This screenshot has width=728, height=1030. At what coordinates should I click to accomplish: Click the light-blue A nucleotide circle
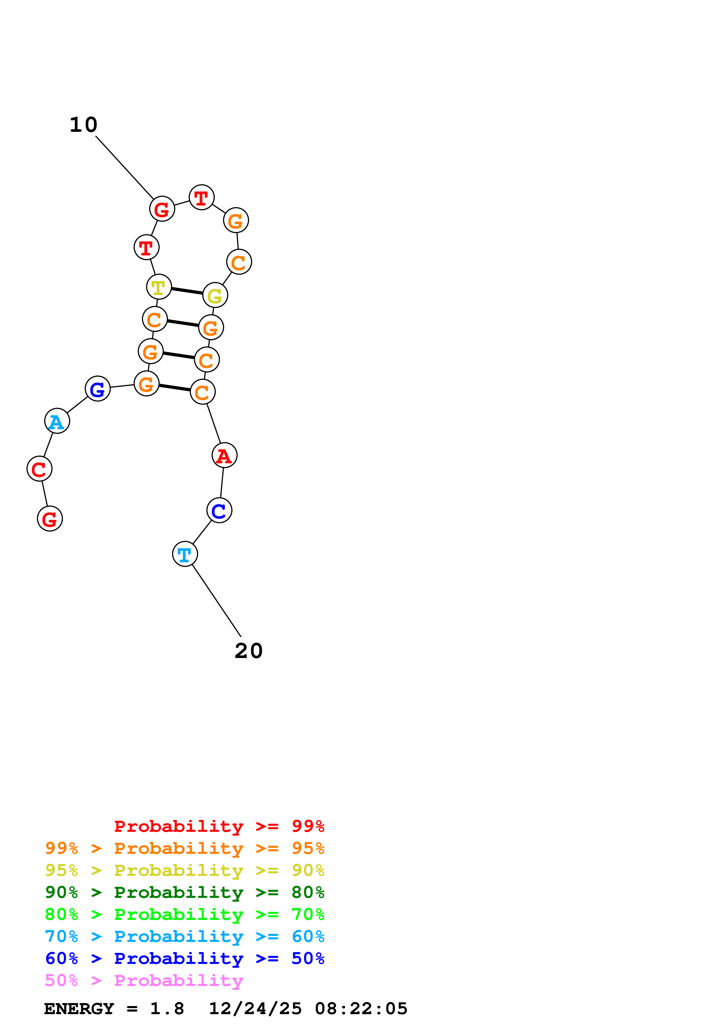tap(57, 421)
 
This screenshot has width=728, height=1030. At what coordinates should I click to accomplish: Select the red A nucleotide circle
tap(224, 455)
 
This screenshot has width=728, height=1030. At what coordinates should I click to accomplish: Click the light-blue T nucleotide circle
tap(185, 554)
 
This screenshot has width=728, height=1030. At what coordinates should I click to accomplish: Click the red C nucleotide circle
tap(39, 469)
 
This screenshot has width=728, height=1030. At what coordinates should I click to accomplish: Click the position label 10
tap(83, 125)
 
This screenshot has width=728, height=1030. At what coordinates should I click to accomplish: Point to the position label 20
tap(248, 651)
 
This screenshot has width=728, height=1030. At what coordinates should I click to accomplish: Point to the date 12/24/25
tap(255, 1009)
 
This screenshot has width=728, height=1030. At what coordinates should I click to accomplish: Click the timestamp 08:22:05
tap(361, 1009)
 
